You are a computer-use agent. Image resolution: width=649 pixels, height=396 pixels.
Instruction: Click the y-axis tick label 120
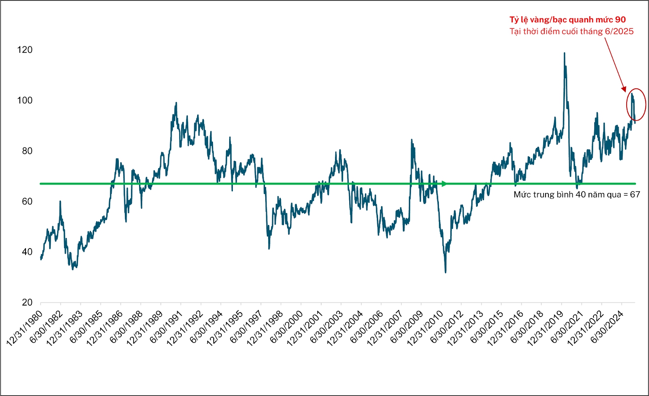tap(25, 50)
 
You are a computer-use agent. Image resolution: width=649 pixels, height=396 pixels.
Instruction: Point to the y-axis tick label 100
tap(25, 101)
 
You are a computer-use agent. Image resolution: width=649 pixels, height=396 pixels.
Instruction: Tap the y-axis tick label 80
tap(27, 151)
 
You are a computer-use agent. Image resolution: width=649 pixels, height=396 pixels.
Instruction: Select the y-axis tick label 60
tap(27, 201)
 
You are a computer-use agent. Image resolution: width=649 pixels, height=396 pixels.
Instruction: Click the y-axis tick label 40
tap(27, 252)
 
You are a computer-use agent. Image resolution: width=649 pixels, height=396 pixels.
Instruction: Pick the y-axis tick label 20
tap(27, 302)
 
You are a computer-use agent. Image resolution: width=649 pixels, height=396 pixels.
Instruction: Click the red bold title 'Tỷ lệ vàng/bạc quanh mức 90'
tap(567, 19)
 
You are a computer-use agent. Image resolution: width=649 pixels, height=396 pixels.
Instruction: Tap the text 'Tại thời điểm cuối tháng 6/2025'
tap(572, 31)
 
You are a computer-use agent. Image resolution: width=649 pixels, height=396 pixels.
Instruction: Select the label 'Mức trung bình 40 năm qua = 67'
tap(576, 195)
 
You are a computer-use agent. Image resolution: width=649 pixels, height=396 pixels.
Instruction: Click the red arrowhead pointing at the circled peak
tap(624, 89)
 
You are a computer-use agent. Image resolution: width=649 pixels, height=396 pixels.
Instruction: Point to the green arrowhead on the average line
tap(445, 184)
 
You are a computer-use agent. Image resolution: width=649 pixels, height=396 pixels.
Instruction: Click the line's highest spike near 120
tap(564, 53)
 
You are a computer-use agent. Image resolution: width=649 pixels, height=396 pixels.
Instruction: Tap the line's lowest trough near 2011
tap(445, 272)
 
